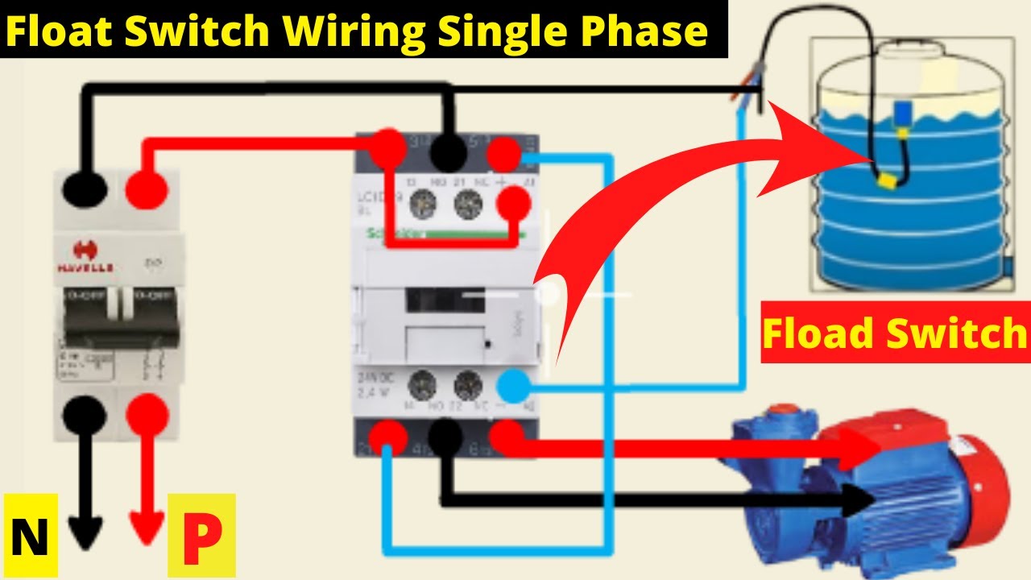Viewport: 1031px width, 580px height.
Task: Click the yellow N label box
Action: point(30,536)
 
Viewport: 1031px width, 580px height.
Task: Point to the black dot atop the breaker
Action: point(85,190)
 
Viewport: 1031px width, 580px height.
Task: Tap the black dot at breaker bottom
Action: point(85,415)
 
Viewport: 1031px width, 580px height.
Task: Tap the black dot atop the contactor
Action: point(448,150)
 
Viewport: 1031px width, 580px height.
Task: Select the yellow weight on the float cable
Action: point(888,180)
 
